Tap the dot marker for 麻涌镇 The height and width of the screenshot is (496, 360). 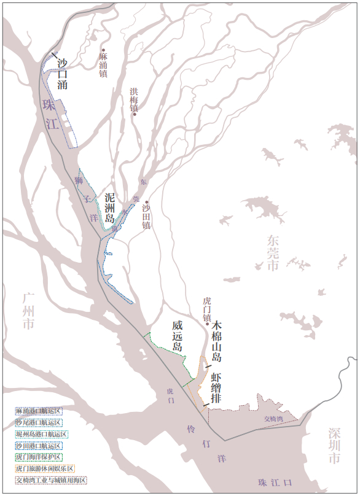pos(104,50)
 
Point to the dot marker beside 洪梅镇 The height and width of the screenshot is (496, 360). pos(134,114)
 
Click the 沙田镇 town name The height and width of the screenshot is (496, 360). pos(146,217)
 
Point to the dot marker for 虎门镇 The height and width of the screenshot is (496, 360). pos(208,324)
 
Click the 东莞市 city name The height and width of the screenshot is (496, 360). pos(273,252)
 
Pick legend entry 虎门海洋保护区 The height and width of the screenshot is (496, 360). pos(39,457)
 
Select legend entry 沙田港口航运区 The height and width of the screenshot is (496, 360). pos(39,445)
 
